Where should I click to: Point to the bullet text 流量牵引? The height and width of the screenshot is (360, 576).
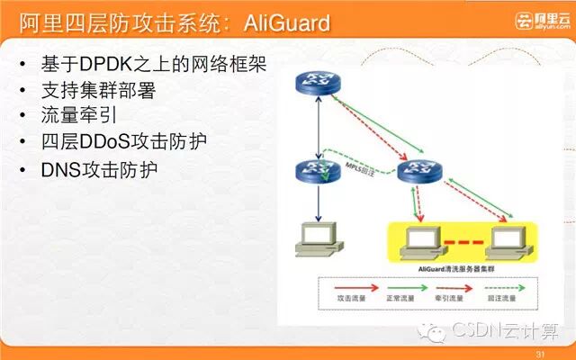point(78,117)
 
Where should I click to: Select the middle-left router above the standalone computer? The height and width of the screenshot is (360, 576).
point(316,171)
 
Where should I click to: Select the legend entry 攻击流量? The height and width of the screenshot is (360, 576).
point(349,298)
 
